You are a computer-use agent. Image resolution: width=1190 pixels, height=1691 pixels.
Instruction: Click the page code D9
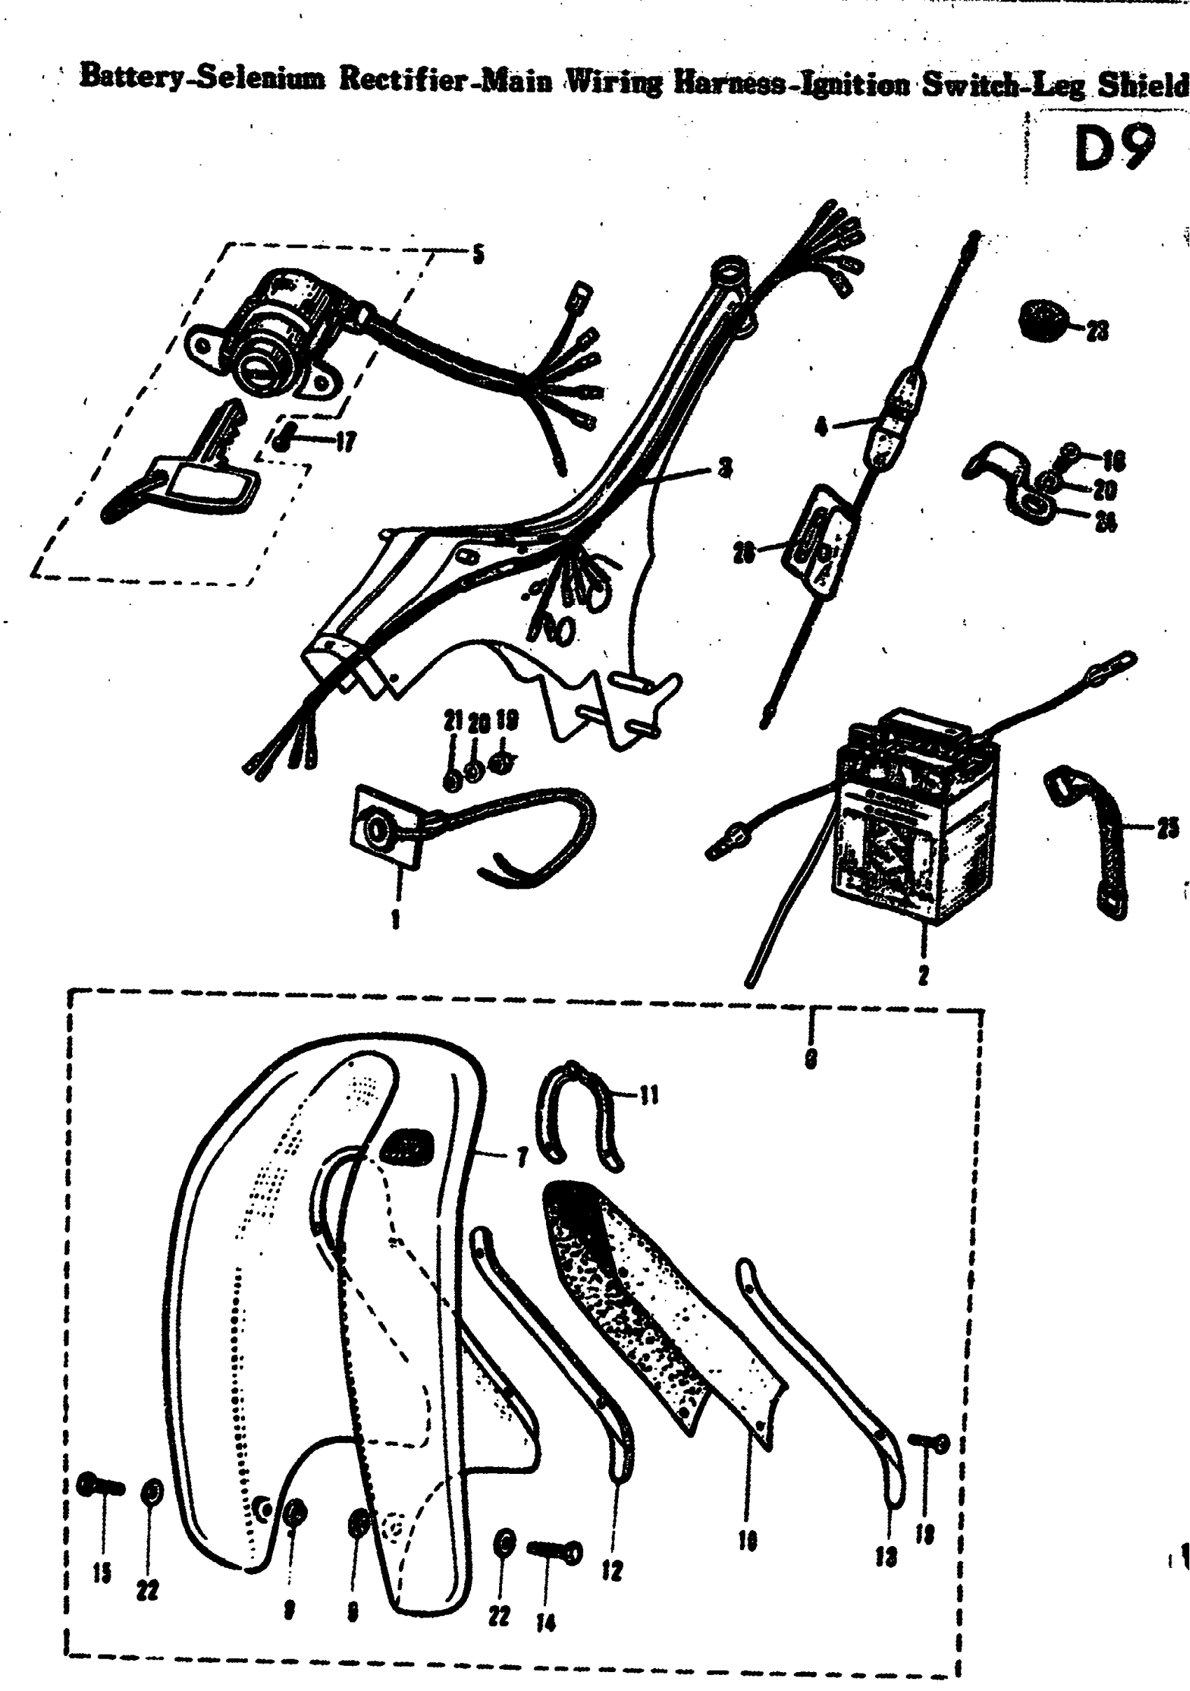pyautogui.click(x=1114, y=146)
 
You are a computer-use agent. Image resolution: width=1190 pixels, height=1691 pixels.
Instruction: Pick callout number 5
pyautogui.click(x=478, y=256)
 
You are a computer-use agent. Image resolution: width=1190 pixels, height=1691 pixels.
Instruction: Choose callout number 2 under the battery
pyautogui.click(x=923, y=977)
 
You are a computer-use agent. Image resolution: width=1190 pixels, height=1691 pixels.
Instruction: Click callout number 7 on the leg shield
pyautogui.click(x=522, y=1159)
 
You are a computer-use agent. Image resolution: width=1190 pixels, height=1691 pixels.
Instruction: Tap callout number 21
pyautogui.click(x=452, y=722)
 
